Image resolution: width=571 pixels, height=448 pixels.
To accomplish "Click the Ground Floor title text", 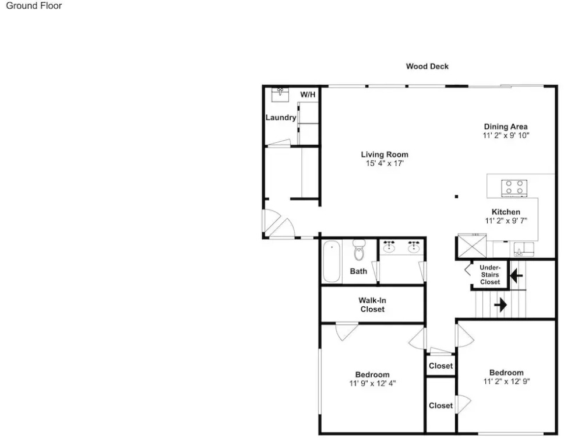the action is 34,6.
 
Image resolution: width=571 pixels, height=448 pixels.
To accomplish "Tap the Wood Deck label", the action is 427,66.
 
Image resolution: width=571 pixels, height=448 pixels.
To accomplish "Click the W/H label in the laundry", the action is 308,94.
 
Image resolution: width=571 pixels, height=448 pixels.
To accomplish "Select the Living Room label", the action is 385,155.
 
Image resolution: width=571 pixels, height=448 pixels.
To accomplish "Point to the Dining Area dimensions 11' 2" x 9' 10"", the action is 506,135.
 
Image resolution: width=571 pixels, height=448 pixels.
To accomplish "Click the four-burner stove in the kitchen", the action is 514,188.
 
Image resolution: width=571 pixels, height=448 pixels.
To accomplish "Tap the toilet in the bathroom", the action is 359,250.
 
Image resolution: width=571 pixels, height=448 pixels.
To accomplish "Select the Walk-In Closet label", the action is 372,304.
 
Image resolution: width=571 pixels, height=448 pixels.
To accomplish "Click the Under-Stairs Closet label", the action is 490,275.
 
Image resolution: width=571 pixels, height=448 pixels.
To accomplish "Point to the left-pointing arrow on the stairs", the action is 516,275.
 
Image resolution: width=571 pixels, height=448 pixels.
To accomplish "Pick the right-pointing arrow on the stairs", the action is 500,304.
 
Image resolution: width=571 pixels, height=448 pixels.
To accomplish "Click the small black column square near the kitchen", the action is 456,197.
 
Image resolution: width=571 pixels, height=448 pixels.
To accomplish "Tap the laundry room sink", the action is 280,94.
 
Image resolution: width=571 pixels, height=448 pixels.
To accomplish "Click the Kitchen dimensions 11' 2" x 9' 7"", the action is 506,221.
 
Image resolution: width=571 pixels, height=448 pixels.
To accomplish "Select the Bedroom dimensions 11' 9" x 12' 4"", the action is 372,383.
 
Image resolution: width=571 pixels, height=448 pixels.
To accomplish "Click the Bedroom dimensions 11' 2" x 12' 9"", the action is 506,381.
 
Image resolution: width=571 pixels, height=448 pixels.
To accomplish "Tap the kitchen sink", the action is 524,249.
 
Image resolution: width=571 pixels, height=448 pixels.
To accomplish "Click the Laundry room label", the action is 281,117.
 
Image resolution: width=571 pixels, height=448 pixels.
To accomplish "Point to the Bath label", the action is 358,271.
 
